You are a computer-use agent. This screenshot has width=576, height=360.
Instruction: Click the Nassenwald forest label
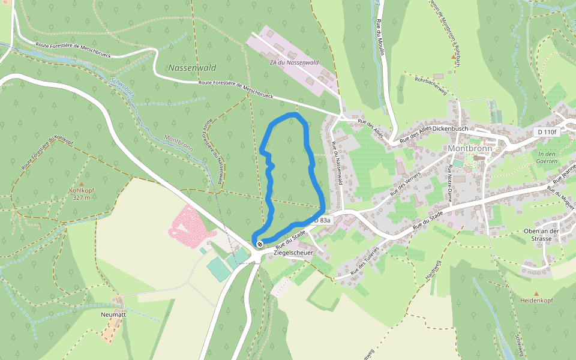pos(192,68)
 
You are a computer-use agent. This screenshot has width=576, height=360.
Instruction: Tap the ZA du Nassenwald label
pos(293,62)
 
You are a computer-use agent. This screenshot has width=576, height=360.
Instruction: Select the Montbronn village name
pos(470,148)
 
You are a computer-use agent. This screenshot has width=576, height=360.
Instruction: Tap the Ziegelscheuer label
pos(293,253)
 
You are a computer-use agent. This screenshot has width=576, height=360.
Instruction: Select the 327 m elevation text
pos(82,197)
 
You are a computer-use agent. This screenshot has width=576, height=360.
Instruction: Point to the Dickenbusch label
pos(454,128)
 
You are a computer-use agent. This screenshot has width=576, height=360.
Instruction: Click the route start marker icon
pos(259,244)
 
